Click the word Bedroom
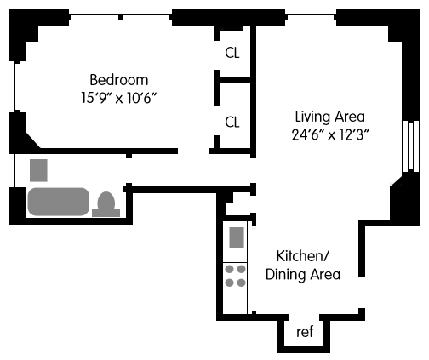[x=119, y=80]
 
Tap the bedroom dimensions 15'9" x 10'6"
[x=119, y=98]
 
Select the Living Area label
[x=330, y=117]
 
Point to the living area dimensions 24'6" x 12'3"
[x=330, y=134]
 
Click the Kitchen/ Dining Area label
[x=303, y=266]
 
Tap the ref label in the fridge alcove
[x=305, y=332]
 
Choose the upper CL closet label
[x=232, y=53]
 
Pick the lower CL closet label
[x=232, y=123]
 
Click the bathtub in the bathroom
[x=59, y=202]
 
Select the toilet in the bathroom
[x=106, y=204]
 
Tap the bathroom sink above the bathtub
[x=38, y=170]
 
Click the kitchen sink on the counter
[x=237, y=237]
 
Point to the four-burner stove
[x=235, y=276]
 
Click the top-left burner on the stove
[x=229, y=269]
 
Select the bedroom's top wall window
[x=121, y=17]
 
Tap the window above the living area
[x=311, y=17]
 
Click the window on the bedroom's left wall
[x=18, y=87]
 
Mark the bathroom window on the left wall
[x=18, y=170]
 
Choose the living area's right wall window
[x=410, y=146]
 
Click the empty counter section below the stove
[x=235, y=301]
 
